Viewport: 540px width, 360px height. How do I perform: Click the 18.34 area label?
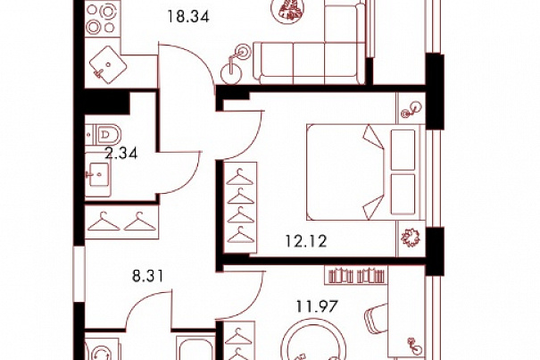coord(188,17)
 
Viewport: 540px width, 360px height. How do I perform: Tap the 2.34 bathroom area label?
coord(121,153)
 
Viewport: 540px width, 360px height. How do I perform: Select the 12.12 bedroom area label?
coord(306,241)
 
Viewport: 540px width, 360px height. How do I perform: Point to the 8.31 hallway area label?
coord(148,276)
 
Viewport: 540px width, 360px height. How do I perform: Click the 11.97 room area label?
coord(317,306)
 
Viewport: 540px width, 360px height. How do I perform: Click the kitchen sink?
coord(108,65)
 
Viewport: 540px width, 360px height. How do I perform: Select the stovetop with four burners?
coord(102,20)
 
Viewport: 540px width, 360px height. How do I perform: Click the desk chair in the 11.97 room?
coord(376,320)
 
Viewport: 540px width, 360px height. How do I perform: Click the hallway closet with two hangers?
coord(122,222)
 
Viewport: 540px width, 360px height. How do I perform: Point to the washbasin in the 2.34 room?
coord(98,174)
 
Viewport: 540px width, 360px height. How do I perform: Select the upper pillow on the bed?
coord(403,150)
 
